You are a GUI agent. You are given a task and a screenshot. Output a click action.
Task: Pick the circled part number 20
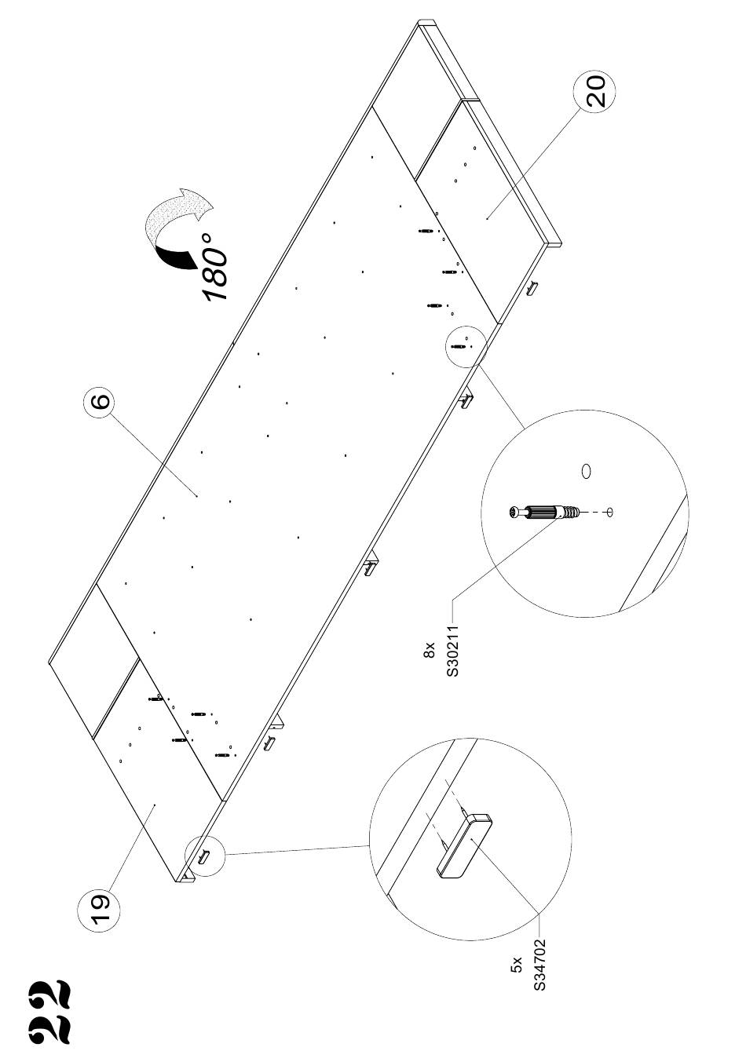click(594, 91)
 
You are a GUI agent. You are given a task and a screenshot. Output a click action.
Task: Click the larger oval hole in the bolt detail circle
click(586, 471)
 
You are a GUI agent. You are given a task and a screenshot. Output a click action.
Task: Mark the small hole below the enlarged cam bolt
click(610, 513)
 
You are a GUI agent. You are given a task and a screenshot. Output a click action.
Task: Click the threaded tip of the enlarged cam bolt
click(573, 513)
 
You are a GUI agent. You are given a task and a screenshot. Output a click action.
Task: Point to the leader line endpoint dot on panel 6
click(197, 495)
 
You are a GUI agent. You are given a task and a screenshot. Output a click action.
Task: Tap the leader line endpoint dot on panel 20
click(488, 218)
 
